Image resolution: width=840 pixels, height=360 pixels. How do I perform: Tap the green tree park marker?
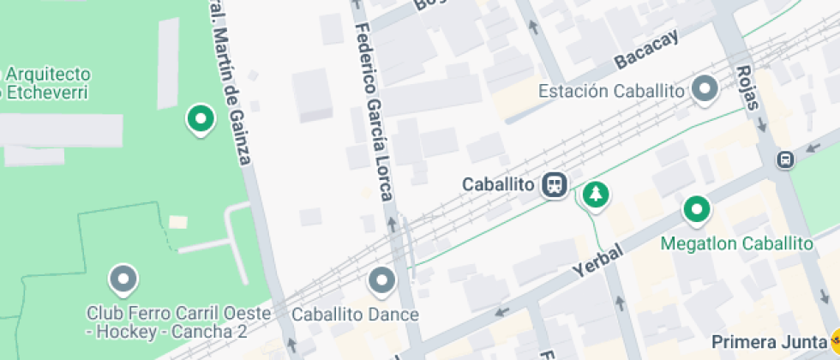594,194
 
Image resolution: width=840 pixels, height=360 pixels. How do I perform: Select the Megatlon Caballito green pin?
696,208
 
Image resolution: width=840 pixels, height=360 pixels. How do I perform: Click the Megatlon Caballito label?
736,243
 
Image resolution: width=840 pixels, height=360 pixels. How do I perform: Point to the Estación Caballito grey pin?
705,89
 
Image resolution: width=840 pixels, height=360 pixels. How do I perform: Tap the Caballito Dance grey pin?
381,279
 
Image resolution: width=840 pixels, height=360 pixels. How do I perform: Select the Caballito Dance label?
355,315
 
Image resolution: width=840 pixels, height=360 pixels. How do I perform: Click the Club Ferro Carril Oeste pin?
123,278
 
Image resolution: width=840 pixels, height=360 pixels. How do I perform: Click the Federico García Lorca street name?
374,111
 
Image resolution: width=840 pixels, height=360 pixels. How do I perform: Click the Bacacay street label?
646,51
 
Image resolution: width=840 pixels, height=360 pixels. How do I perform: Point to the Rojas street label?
748,88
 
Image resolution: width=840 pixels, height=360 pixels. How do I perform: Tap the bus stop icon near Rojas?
785,159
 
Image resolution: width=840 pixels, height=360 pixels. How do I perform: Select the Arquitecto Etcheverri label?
45,83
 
